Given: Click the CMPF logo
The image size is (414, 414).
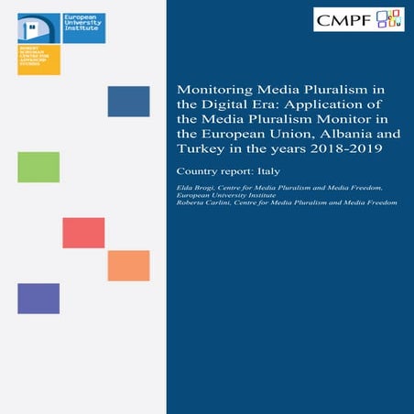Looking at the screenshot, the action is coord(358,18).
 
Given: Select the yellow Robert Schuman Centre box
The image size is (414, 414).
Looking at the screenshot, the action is coord(39,60).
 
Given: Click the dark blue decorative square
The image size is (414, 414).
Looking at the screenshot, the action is coord(128,102).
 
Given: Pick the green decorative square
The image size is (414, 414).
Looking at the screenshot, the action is coord(38,167).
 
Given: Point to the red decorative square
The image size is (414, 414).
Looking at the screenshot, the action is coord(83,233).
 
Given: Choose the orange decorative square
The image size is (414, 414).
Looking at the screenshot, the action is coord(128,266).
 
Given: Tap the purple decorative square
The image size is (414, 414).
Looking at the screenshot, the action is coord(38,299).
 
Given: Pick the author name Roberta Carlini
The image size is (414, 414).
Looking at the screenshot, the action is coord(206,202).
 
